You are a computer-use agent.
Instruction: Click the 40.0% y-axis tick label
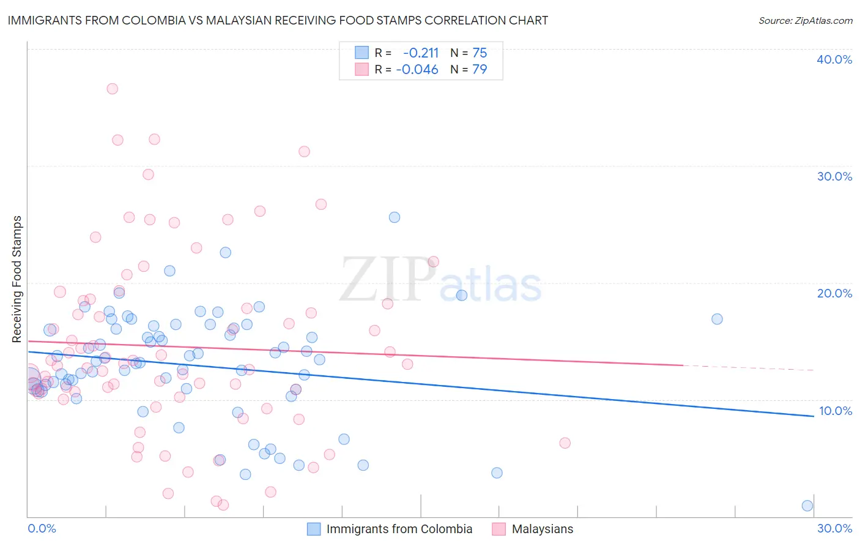[834, 59]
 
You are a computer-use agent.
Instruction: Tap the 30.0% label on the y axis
[834, 176]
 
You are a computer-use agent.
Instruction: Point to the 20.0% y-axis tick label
[834, 293]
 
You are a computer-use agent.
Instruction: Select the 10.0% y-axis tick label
[836, 411]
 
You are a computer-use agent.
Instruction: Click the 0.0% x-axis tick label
[42, 528]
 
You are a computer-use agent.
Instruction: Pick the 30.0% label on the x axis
[834, 528]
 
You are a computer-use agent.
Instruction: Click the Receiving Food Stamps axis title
[17, 279]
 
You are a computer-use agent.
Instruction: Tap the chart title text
[278, 20]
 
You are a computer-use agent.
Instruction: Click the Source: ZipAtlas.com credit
[805, 20]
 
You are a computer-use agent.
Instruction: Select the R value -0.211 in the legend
[420, 53]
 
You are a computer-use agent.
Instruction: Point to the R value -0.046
[417, 70]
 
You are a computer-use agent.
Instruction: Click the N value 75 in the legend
[480, 53]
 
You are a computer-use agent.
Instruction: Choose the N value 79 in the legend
[480, 70]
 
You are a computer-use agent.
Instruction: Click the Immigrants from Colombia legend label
[399, 529]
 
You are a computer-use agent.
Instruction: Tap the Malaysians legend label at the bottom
[543, 529]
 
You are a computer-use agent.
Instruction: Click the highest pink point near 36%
[112, 89]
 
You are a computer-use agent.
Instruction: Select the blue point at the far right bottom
[807, 506]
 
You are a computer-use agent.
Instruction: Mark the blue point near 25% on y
[395, 217]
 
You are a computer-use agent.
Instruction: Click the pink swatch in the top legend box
[362, 70]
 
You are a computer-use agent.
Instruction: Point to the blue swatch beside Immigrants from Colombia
[314, 529]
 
